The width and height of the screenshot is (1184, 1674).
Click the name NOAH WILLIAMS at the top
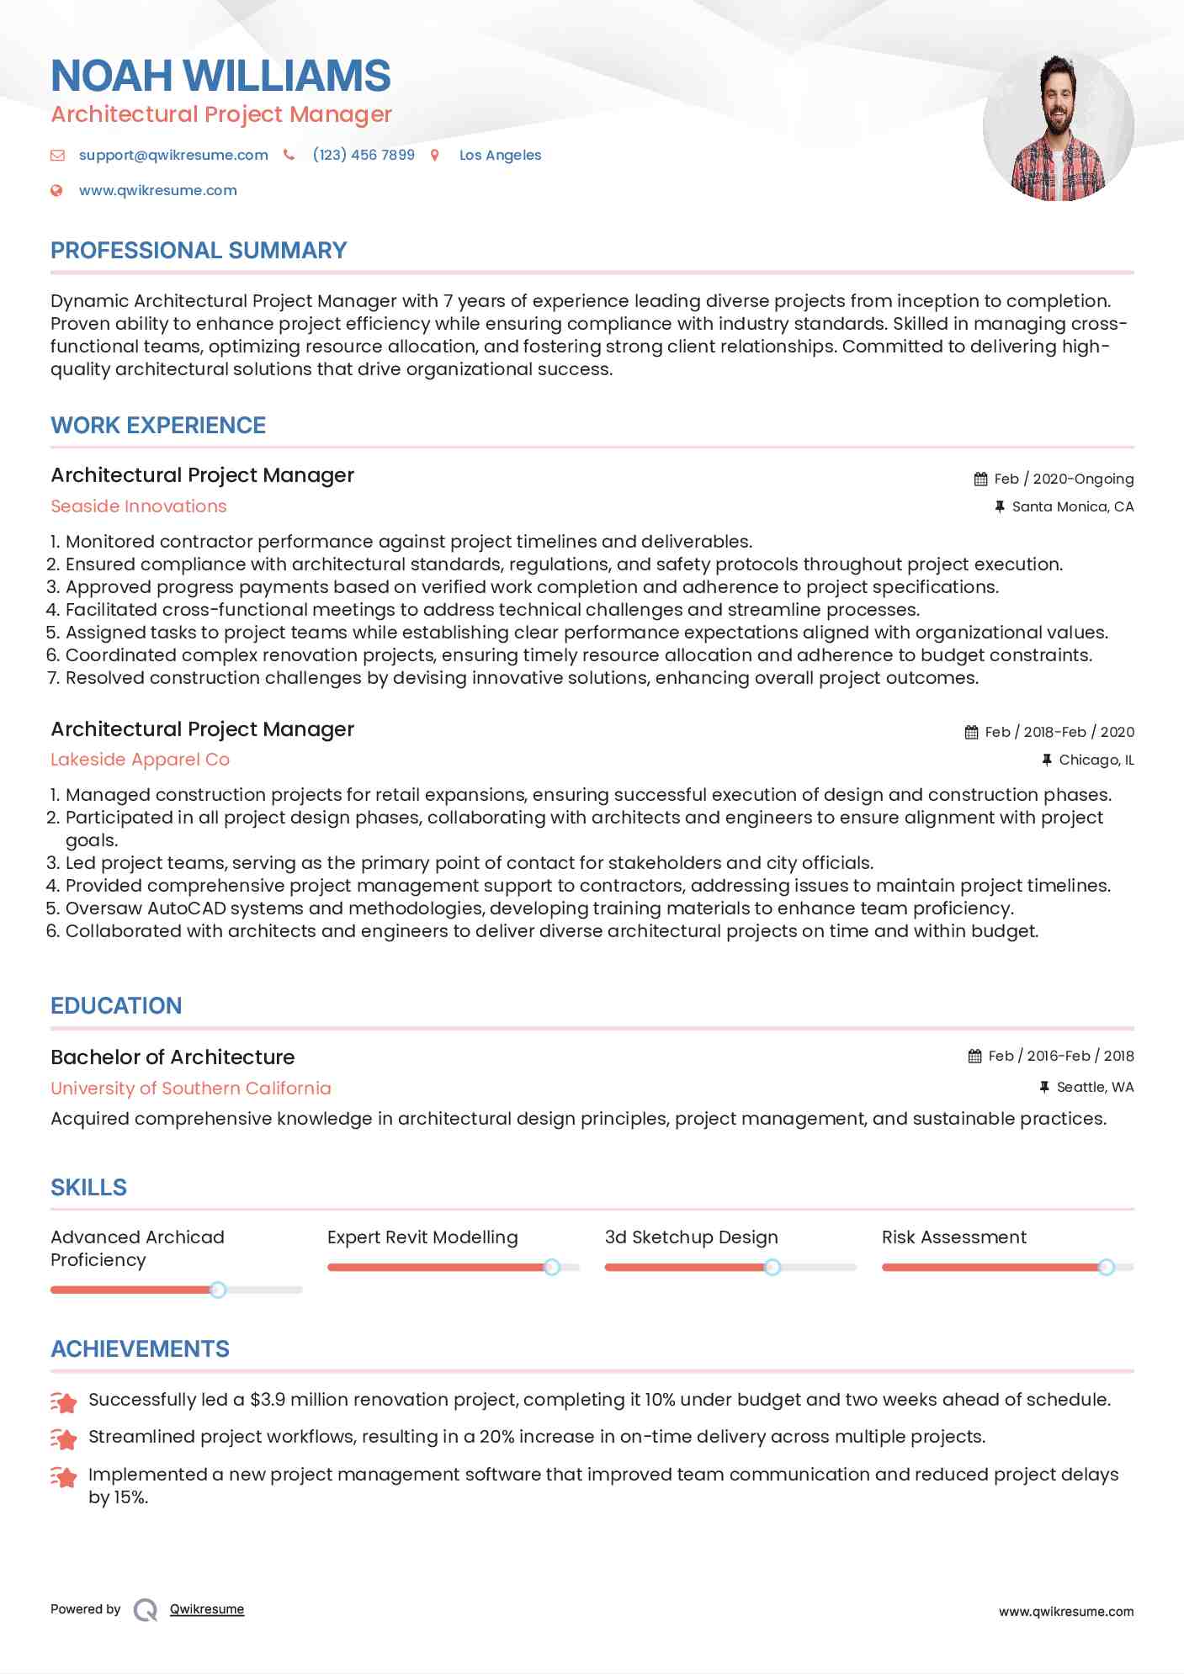(x=220, y=76)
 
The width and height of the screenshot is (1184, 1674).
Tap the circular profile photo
(x=1058, y=127)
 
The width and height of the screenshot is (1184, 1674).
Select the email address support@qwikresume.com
(x=173, y=155)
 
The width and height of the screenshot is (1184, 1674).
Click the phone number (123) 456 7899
(x=363, y=155)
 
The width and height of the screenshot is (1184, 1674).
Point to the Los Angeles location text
(x=500, y=155)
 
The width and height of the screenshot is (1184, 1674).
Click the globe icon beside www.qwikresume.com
(x=56, y=190)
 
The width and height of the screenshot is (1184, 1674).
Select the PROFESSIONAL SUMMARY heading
(x=199, y=251)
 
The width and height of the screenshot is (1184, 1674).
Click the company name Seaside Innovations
(x=139, y=506)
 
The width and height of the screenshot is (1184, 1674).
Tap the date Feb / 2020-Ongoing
(x=1064, y=479)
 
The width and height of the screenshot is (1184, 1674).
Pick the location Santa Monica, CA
(x=1072, y=506)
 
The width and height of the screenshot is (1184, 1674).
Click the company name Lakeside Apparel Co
(x=140, y=760)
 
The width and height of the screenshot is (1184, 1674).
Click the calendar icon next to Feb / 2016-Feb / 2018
(x=974, y=1056)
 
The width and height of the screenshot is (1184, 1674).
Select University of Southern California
(x=191, y=1088)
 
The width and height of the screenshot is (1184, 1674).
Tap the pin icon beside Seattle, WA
(x=1044, y=1087)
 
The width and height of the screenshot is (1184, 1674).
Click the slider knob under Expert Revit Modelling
(x=552, y=1267)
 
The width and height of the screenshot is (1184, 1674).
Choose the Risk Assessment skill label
(x=953, y=1237)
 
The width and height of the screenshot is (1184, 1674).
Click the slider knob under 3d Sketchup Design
(x=772, y=1267)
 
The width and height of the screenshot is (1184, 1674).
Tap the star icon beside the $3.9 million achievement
(x=64, y=1401)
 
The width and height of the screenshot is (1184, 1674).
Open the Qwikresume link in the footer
(x=207, y=1609)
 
